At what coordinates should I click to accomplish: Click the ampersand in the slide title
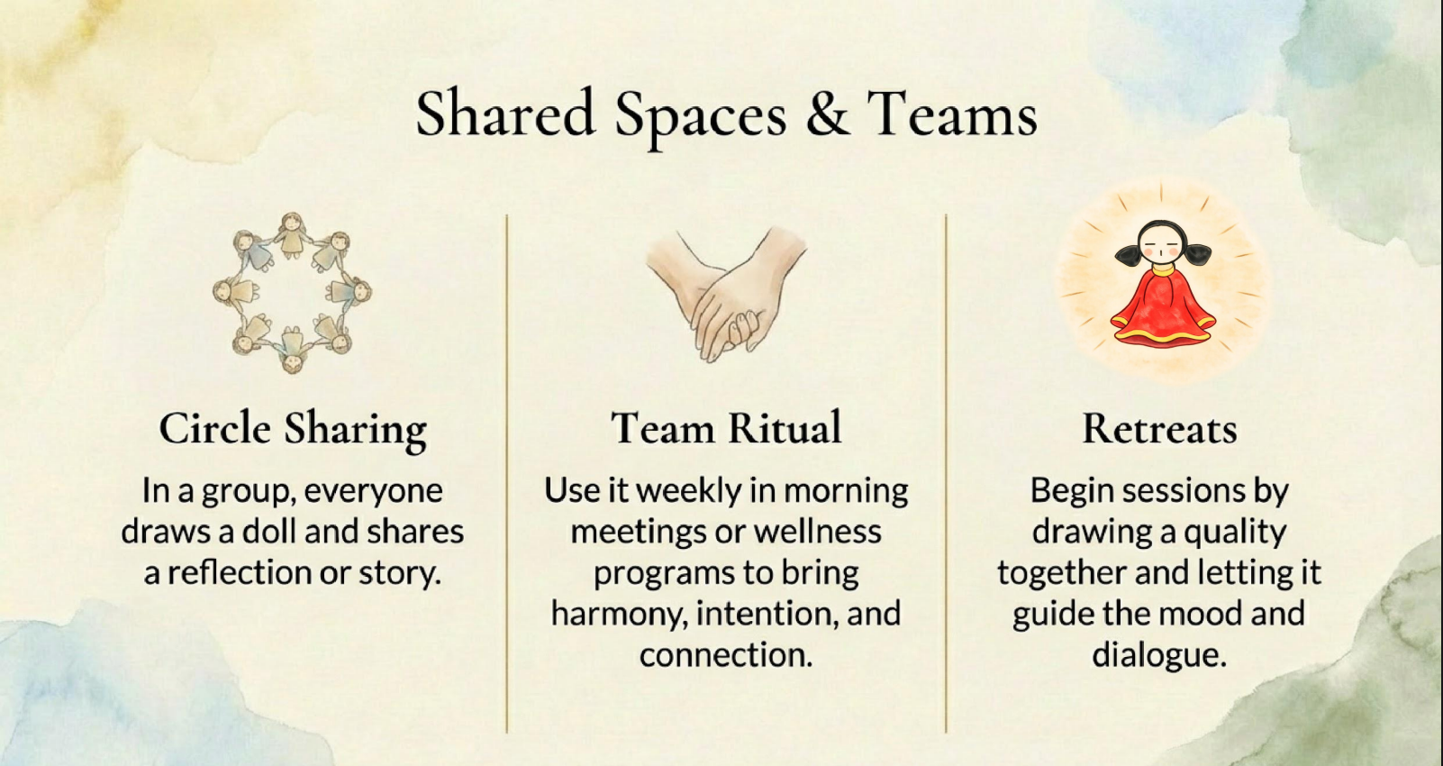827,113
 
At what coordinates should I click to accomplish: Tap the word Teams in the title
952,113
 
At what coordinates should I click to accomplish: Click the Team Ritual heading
727,428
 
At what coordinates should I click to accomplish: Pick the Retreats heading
1159,429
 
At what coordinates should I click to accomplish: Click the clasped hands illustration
727,294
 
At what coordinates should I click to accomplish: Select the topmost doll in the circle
293,235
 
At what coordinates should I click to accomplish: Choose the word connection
726,655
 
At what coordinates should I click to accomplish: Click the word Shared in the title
505,113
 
